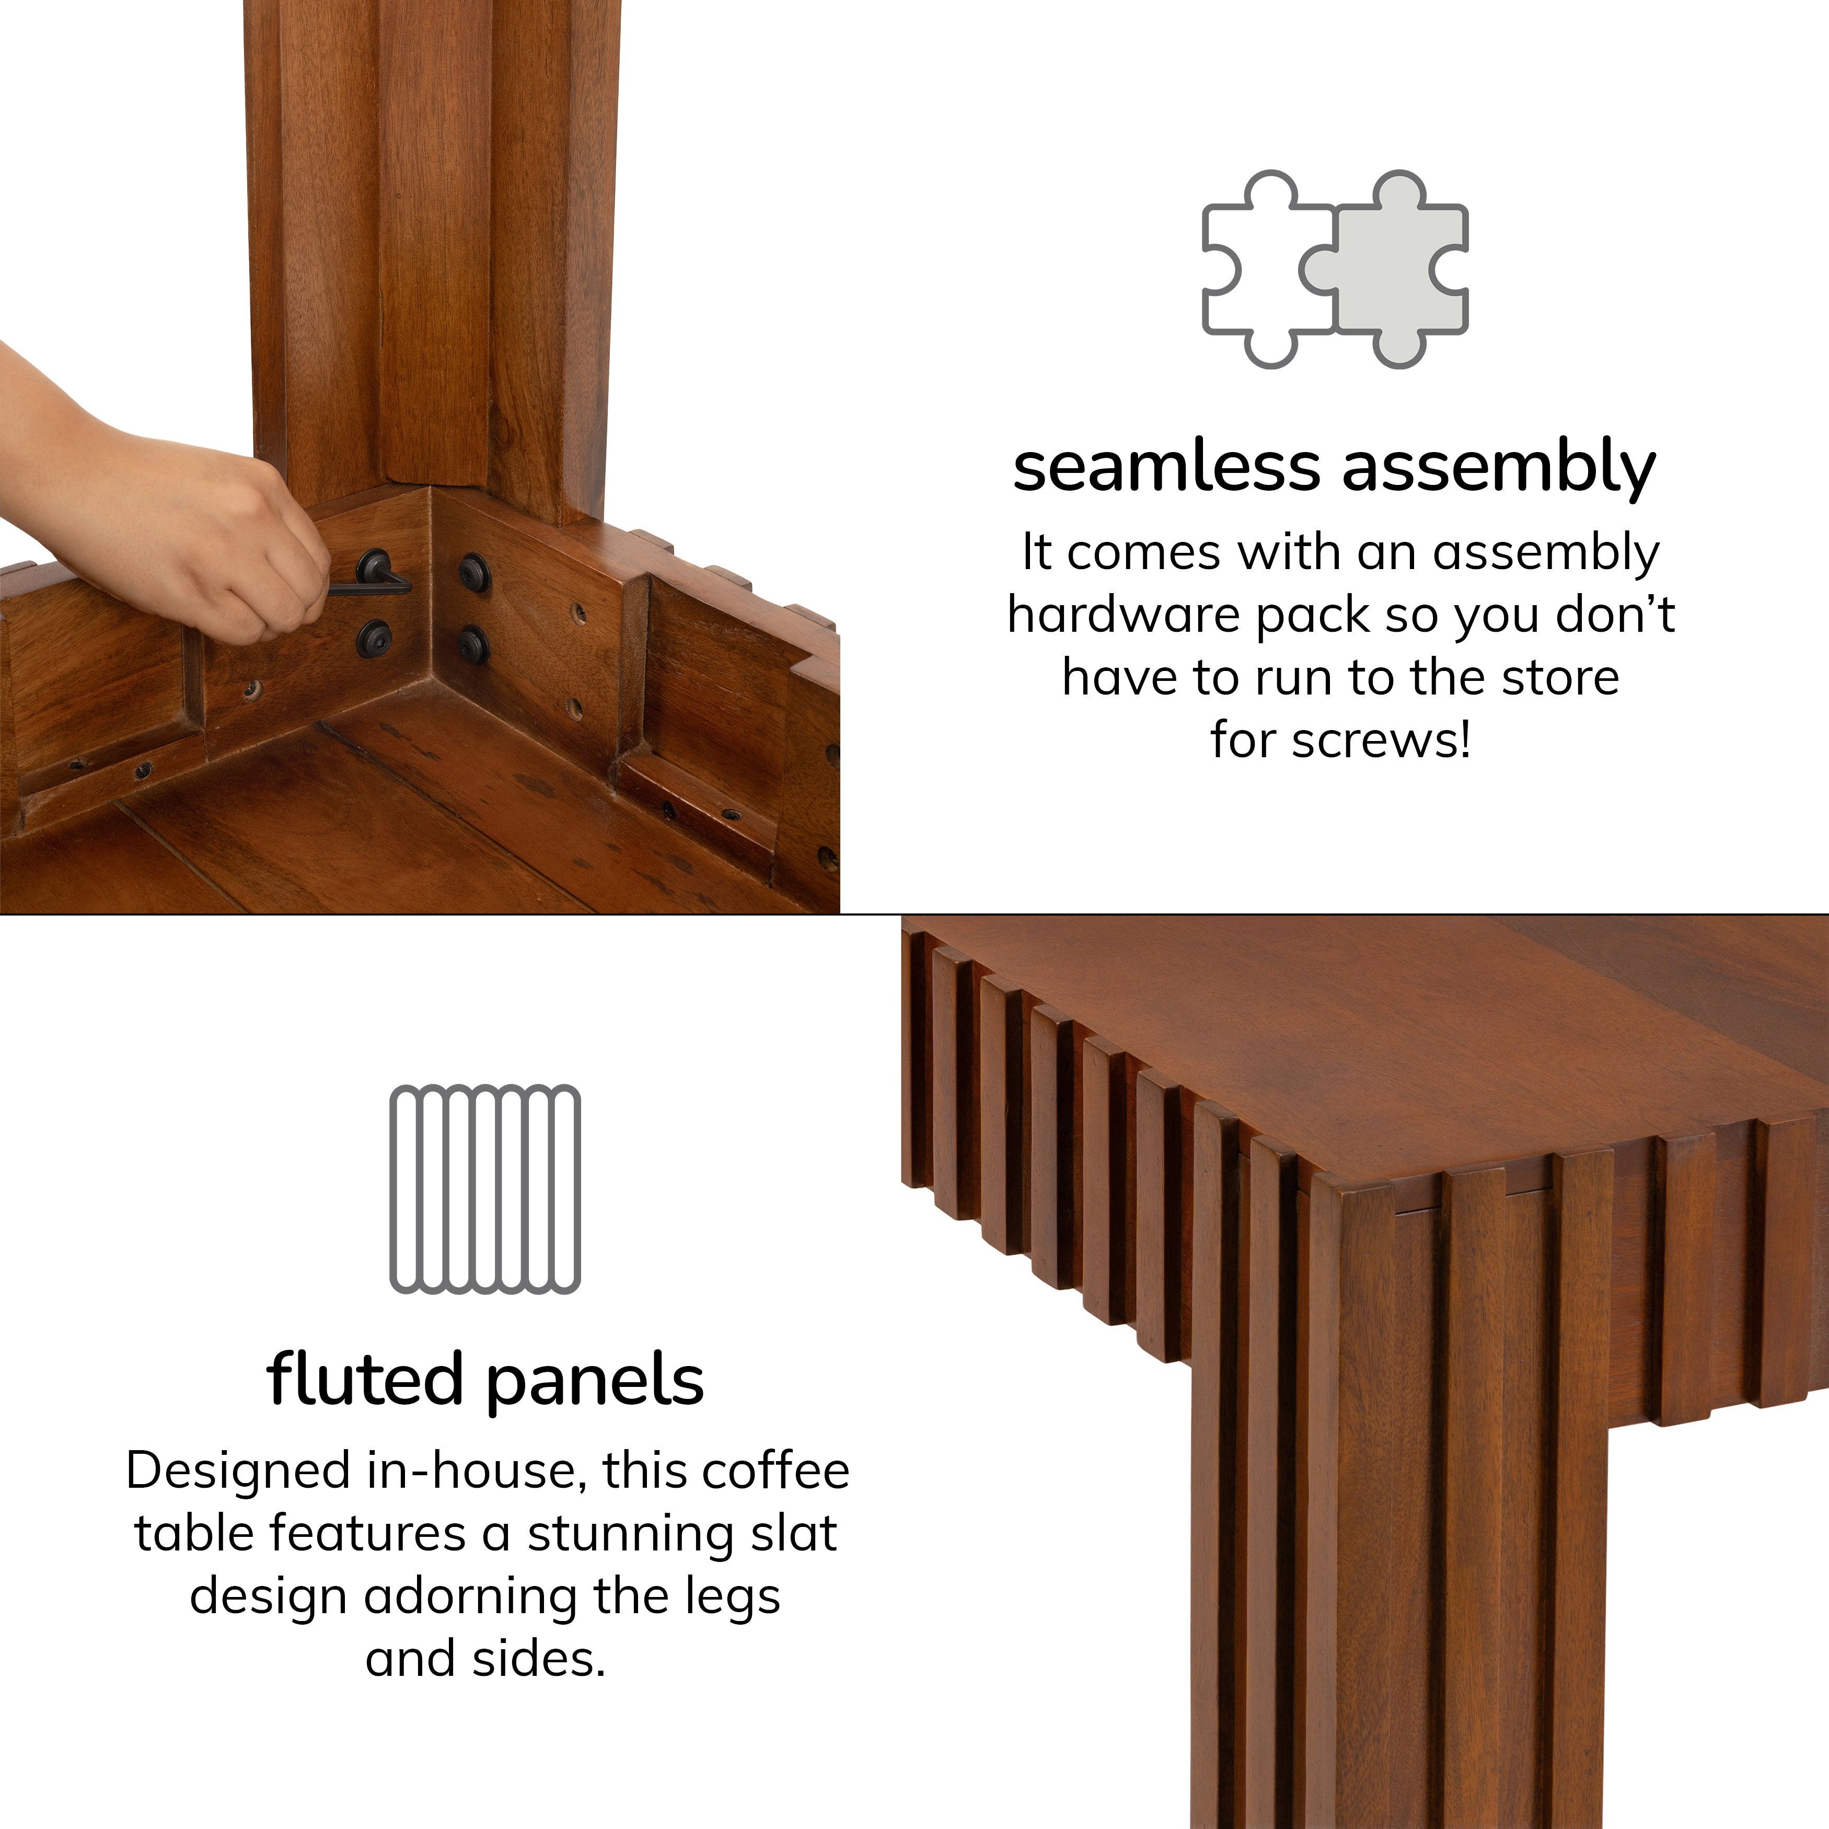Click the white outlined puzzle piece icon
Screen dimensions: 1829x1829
pyautogui.click(x=1264, y=274)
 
